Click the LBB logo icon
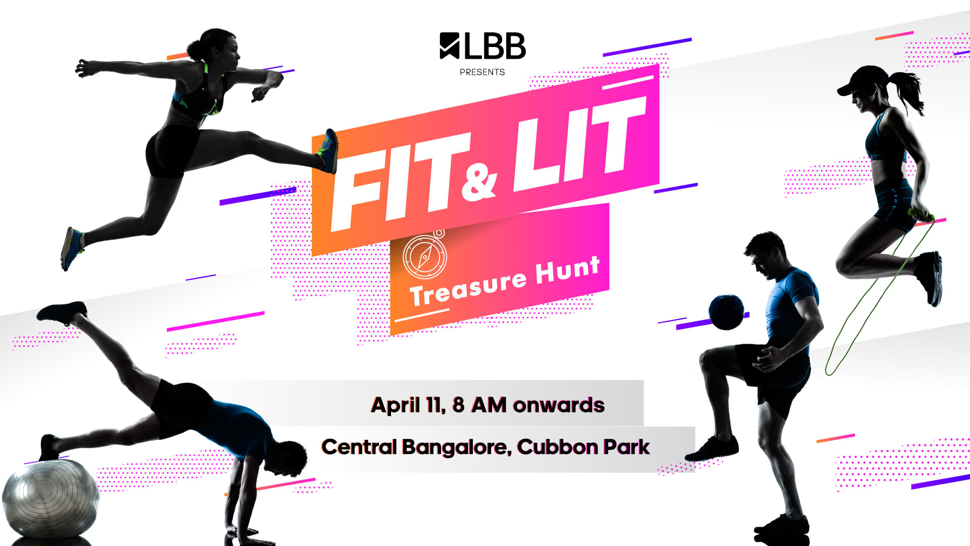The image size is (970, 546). tap(450, 45)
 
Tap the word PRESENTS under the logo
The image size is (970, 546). tap(482, 72)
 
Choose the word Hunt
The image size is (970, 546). tap(568, 269)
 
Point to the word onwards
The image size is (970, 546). tap(559, 405)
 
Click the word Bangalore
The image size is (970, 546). tap(457, 447)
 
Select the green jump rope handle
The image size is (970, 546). tap(920, 215)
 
